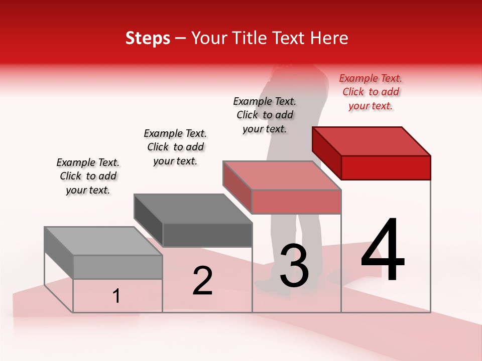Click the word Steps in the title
pos(148,38)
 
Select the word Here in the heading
pos(328,38)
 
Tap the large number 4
pos(383,251)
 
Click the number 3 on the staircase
pos(294,266)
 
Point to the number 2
pos(202,281)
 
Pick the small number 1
pos(116,296)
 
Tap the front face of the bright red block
pos(386,167)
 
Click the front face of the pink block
pos(296,202)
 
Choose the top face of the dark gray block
pos(193,209)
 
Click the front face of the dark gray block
pos(207,235)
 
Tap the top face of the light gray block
pos(103,241)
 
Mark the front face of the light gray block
pos(117,267)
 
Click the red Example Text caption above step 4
pos(371,92)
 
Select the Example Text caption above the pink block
pos(265,115)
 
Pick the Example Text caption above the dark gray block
pos(175,147)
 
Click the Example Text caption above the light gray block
pos(88,176)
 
